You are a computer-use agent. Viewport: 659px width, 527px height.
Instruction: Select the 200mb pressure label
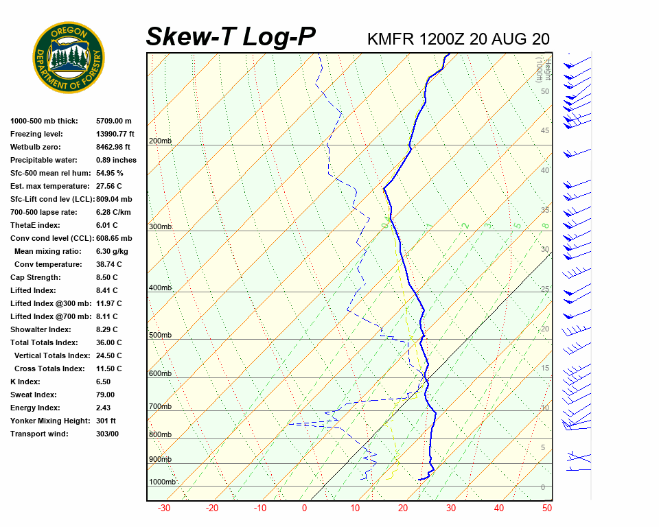click(x=160, y=141)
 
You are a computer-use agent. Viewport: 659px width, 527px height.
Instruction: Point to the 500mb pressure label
click(x=160, y=336)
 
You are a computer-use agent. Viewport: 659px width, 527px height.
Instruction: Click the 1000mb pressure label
click(x=163, y=482)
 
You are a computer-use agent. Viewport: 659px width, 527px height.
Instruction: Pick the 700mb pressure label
click(x=160, y=407)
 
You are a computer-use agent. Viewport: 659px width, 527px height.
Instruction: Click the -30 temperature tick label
click(x=164, y=508)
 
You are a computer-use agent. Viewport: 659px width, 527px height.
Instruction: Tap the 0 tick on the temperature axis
click(x=305, y=508)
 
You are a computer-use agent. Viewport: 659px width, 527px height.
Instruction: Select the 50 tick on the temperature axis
click(x=546, y=508)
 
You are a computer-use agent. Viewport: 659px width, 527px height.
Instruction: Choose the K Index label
click(x=25, y=382)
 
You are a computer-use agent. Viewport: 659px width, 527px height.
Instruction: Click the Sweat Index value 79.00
click(x=105, y=395)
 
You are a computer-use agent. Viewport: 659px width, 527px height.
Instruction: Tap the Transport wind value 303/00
click(x=107, y=434)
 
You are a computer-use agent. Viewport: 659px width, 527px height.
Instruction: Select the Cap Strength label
click(x=35, y=277)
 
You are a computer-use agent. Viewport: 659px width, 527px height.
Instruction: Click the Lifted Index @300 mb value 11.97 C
click(x=109, y=303)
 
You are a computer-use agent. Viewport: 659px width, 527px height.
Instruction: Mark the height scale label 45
click(x=545, y=131)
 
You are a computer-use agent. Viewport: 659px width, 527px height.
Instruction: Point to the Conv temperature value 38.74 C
click(x=108, y=264)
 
